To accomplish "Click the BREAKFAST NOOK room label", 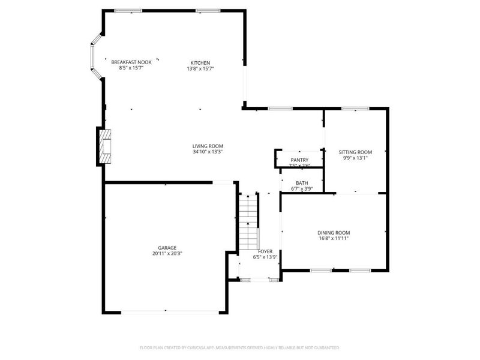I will (131, 62).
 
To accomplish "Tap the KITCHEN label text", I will (200, 63).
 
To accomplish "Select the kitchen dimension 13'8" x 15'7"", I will (200, 69).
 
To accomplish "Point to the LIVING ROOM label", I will (208, 146).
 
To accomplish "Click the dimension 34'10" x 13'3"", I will (208, 152).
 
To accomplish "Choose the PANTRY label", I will (299, 160).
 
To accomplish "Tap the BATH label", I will (302, 183).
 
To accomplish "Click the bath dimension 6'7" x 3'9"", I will (302, 189).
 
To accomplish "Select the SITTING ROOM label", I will (355, 152).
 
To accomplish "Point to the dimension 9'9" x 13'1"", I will (355, 158).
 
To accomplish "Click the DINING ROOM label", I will (334, 233).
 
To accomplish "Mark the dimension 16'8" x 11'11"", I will (334, 239).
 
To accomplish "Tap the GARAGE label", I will (167, 247).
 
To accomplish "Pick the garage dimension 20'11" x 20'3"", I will (167, 254).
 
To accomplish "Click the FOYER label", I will (265, 251).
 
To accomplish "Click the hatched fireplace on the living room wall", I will (104, 146).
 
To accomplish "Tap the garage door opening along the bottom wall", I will (166, 311).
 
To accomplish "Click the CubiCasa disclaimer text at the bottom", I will (240, 347).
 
